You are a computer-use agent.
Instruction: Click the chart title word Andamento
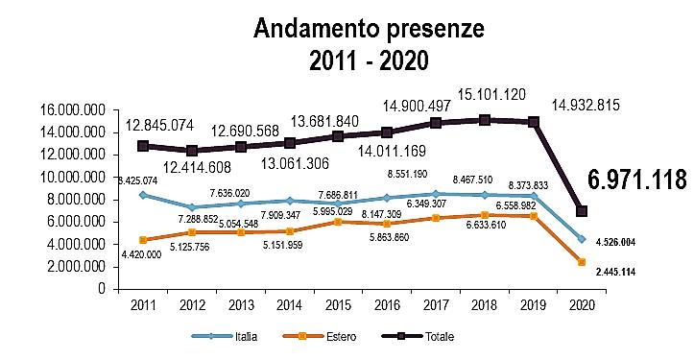tap(316, 29)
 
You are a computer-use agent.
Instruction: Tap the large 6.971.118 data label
tap(637, 180)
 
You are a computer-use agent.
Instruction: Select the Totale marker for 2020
tap(582, 211)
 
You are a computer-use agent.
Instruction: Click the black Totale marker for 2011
tap(142, 146)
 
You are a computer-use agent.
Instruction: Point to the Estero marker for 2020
tap(582, 262)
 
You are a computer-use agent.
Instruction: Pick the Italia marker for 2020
tap(582, 239)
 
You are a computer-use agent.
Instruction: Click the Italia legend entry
tap(225, 337)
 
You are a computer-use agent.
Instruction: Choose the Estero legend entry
tap(319, 337)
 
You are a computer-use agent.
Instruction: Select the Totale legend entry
tap(418, 337)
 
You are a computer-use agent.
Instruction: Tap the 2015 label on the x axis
tap(338, 305)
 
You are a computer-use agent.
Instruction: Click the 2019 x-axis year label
tap(534, 305)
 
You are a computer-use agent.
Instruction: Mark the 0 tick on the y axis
tap(103, 289)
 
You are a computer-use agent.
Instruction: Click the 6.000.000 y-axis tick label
tap(77, 222)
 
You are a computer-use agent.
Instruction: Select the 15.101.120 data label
tap(491, 95)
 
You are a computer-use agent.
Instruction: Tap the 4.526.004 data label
tap(615, 242)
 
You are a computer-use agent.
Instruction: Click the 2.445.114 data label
tap(615, 272)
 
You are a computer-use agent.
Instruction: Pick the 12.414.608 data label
tap(197, 167)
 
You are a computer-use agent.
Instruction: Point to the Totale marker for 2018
tap(485, 120)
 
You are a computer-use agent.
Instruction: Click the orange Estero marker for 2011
tap(142, 240)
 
